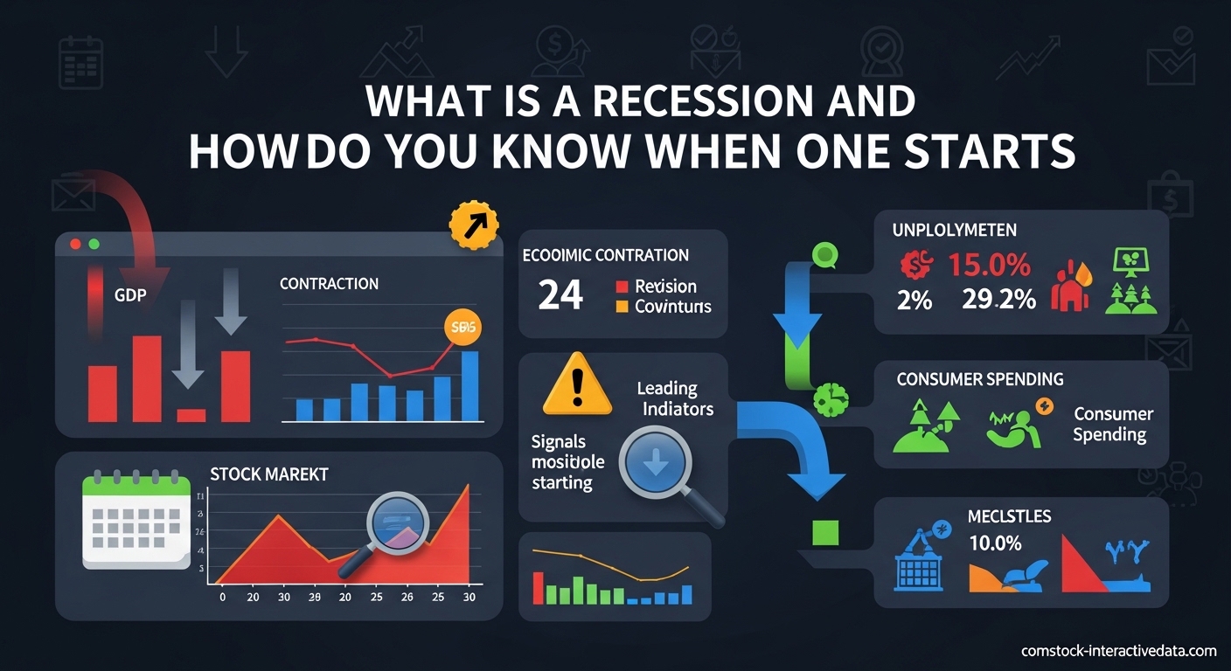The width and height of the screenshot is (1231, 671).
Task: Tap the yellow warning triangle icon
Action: click(577, 384)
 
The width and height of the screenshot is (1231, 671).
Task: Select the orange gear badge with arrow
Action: click(473, 227)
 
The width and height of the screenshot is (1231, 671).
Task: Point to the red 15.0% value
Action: click(989, 265)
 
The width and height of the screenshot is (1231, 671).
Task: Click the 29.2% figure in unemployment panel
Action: click(998, 300)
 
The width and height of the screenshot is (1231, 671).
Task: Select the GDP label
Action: click(129, 295)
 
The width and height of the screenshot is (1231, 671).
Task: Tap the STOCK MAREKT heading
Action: click(269, 474)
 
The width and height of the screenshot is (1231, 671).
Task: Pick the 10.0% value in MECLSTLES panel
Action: click(995, 543)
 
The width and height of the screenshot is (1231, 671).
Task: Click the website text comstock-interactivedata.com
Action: click(1118, 651)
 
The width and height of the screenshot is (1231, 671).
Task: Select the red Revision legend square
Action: click(622, 287)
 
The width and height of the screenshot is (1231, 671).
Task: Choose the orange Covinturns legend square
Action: click(622, 307)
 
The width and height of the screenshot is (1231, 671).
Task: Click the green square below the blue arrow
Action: click(824, 531)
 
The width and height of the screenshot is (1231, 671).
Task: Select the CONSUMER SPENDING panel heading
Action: click(979, 379)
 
